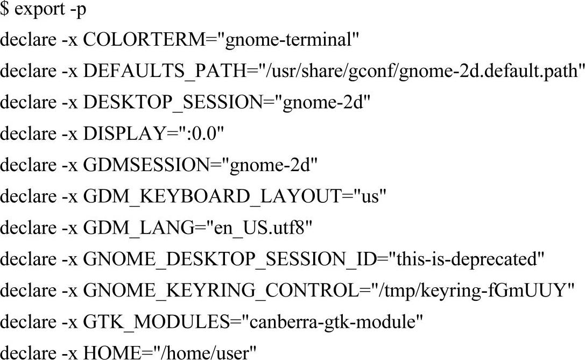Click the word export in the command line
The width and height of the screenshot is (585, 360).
pos(38,10)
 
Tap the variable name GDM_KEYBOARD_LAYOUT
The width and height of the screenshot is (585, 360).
pos(211,197)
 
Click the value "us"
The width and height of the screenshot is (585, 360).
pos(370,197)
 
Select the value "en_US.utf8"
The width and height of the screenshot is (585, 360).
pos(253,229)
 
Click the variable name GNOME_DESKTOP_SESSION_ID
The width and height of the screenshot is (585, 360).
pos(229,260)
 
